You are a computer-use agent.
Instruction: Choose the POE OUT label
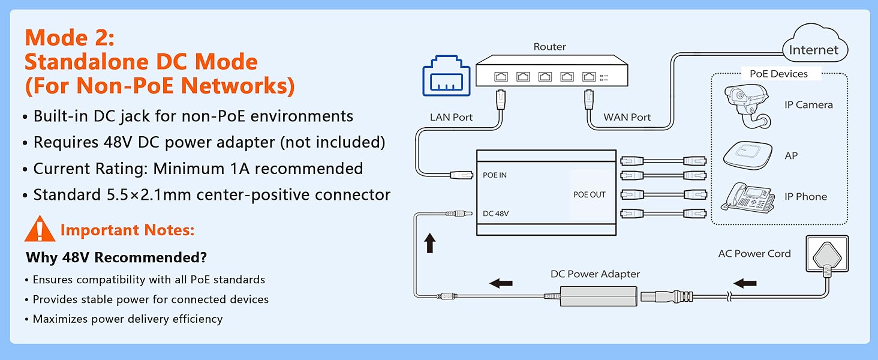point(590,194)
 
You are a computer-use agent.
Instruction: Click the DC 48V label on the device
point(496,213)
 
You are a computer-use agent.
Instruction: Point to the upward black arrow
point(429,243)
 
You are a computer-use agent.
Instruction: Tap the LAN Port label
point(451,117)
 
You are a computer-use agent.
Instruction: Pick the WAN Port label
point(627,117)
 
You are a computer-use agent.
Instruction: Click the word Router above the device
point(549,47)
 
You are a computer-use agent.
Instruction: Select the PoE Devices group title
point(778,74)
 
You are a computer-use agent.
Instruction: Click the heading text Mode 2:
point(70,38)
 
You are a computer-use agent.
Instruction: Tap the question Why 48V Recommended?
point(116,258)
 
